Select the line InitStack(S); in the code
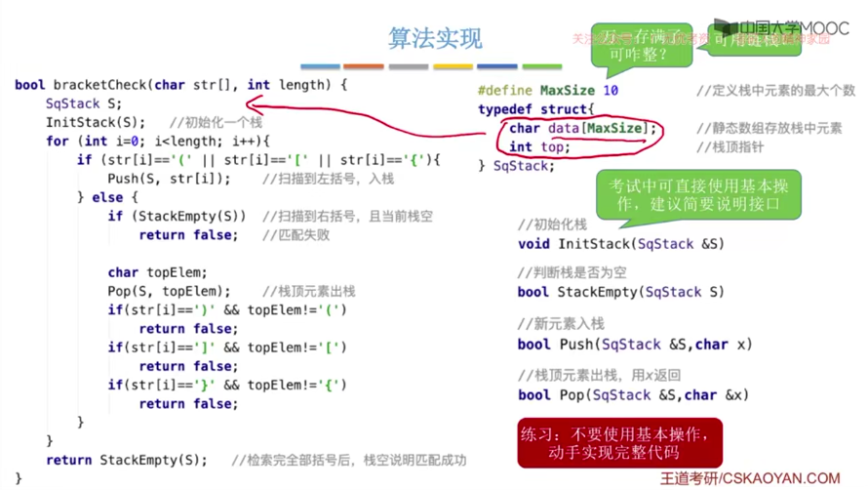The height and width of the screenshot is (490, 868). [96, 122]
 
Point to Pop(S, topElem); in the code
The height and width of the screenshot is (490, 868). [170, 291]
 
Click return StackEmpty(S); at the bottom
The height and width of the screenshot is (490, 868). [127, 460]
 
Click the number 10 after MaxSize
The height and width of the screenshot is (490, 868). [610, 91]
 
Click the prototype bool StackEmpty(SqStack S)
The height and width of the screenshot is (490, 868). [621, 292]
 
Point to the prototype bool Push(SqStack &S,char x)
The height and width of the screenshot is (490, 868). [635, 344]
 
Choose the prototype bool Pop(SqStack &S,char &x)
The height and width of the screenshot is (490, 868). [633, 394]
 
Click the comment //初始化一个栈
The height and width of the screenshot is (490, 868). [216, 123]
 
